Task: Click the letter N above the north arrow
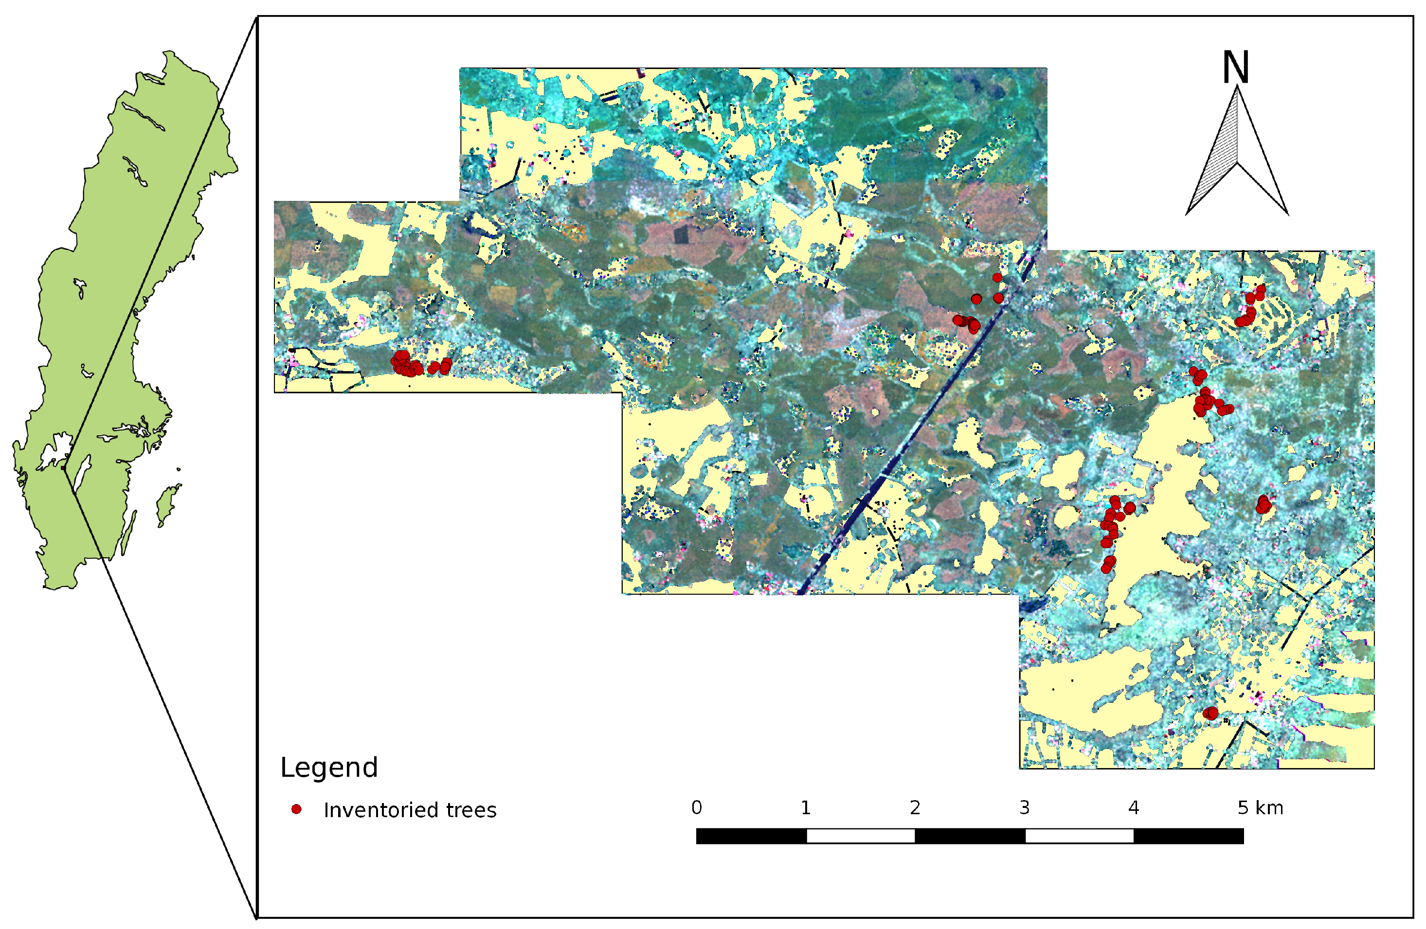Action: [1235, 68]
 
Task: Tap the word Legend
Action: [329, 768]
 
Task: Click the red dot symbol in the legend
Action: [296, 809]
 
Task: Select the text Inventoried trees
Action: [410, 810]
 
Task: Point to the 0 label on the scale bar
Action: [696, 807]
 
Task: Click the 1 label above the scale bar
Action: [806, 807]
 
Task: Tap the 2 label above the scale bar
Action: [915, 807]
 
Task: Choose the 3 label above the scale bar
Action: [1025, 807]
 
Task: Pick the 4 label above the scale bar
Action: [1134, 807]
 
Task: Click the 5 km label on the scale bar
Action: [1260, 807]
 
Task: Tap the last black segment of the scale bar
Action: [1188, 836]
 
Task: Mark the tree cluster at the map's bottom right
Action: [1210, 713]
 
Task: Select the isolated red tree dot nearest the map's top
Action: [997, 277]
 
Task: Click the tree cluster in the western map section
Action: [407, 363]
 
